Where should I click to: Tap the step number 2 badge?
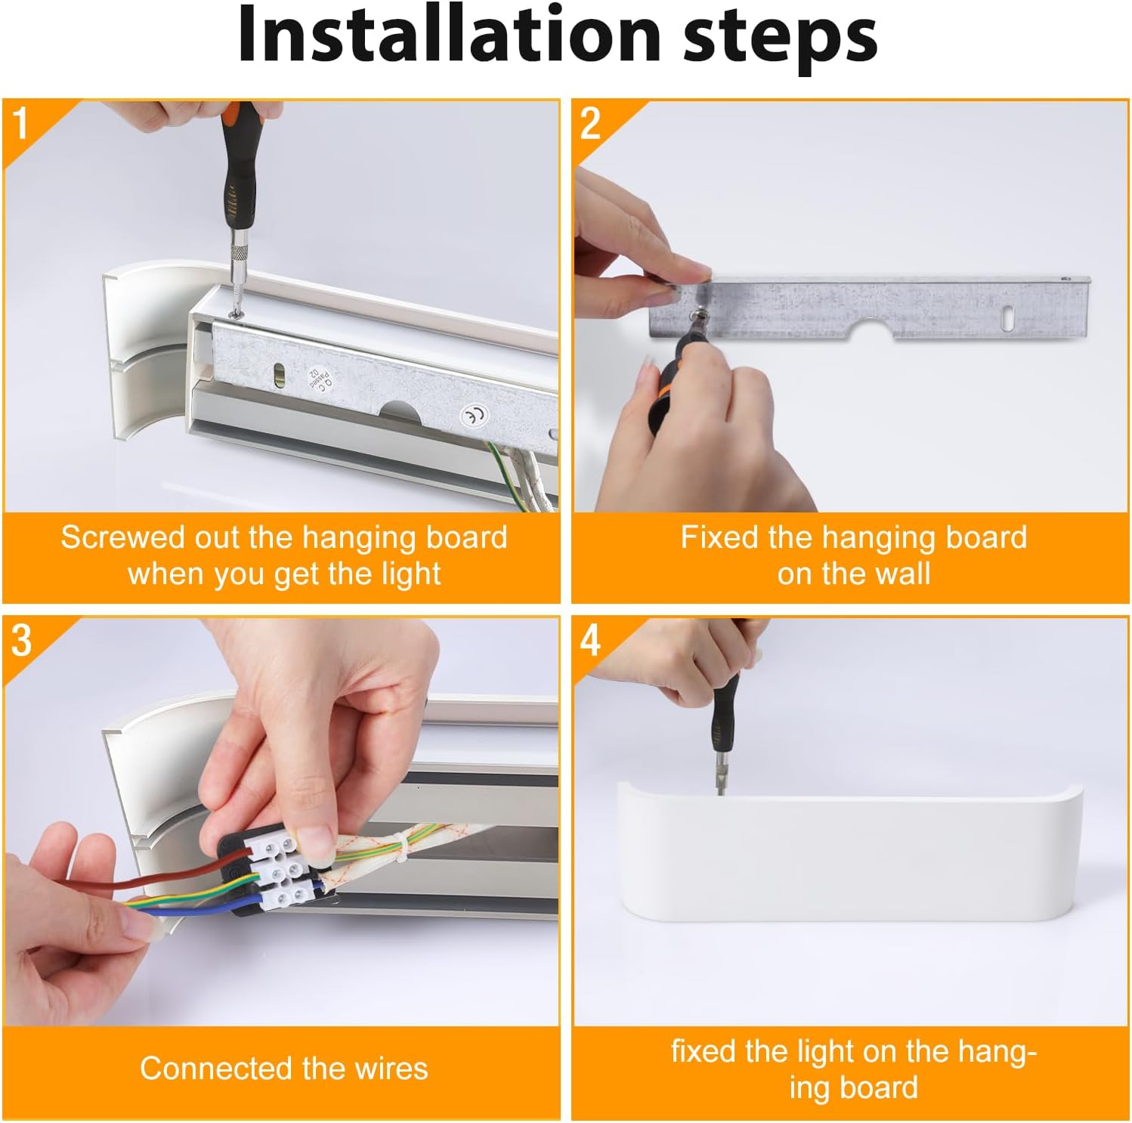[x=590, y=123]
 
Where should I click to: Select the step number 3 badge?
[x=22, y=641]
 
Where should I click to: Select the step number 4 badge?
[x=590, y=641]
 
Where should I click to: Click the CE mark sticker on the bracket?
[x=475, y=414]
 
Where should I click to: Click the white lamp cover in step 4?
[x=849, y=852]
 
